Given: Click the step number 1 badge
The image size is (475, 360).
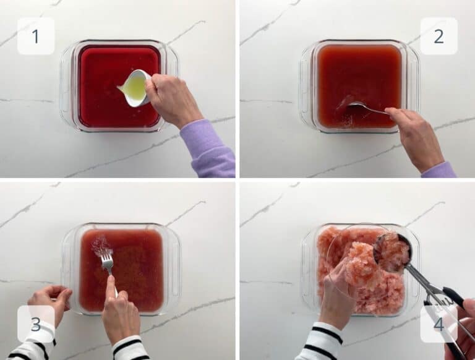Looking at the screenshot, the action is click(x=36, y=36).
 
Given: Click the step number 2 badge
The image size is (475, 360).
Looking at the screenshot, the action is click(x=439, y=36).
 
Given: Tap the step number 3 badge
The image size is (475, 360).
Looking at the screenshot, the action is click(x=36, y=324).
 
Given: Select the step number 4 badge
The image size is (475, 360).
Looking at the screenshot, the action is click(x=439, y=324).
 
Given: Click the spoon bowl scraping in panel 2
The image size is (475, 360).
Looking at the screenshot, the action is click(x=357, y=106).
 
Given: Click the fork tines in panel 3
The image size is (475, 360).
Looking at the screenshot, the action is click(x=108, y=260).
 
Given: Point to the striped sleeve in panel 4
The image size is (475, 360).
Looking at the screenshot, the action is click(x=323, y=343).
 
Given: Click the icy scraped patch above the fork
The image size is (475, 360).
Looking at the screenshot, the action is click(x=100, y=244).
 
